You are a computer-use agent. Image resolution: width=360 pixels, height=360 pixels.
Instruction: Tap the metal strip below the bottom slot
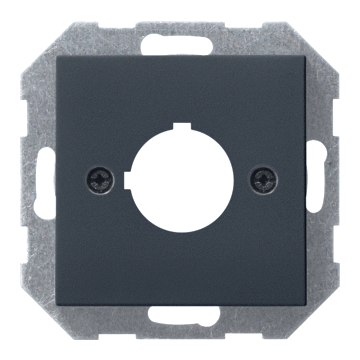point(181,330)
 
